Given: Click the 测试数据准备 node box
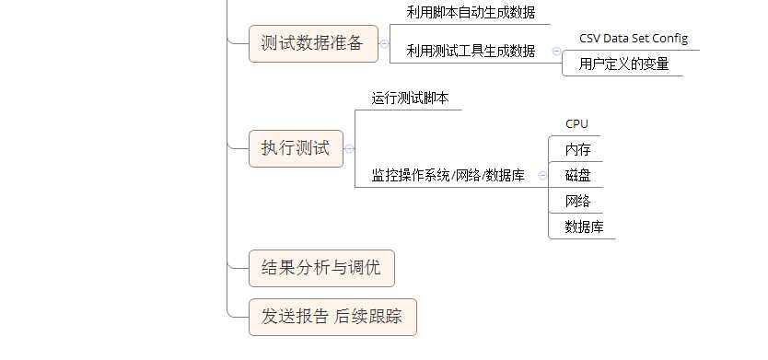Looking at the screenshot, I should click(313, 43).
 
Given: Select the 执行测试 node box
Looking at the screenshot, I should click(295, 149).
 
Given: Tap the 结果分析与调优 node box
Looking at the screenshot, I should click(321, 268).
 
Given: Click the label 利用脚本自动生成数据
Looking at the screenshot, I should click(471, 13).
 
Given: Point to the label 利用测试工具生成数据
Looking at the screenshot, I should click(471, 52).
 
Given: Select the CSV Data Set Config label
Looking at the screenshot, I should click(633, 39).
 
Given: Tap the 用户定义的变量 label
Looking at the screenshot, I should click(623, 64).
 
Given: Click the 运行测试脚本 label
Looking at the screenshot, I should click(410, 98).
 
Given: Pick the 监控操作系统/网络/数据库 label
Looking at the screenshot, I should click(448, 175).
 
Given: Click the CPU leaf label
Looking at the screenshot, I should click(576, 123).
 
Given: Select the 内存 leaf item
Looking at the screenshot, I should click(577, 149).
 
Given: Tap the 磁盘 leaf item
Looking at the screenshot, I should click(577, 175).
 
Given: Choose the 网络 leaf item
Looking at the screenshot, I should click(577, 201).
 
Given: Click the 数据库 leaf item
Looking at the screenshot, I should click(584, 226).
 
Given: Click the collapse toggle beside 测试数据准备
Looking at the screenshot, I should click(384, 43).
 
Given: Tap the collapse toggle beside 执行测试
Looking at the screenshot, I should click(349, 149).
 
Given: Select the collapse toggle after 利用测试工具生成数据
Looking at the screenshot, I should click(556, 52).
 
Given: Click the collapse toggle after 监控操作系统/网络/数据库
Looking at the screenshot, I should click(542, 175).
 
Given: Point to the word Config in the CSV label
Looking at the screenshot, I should click(670, 39).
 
